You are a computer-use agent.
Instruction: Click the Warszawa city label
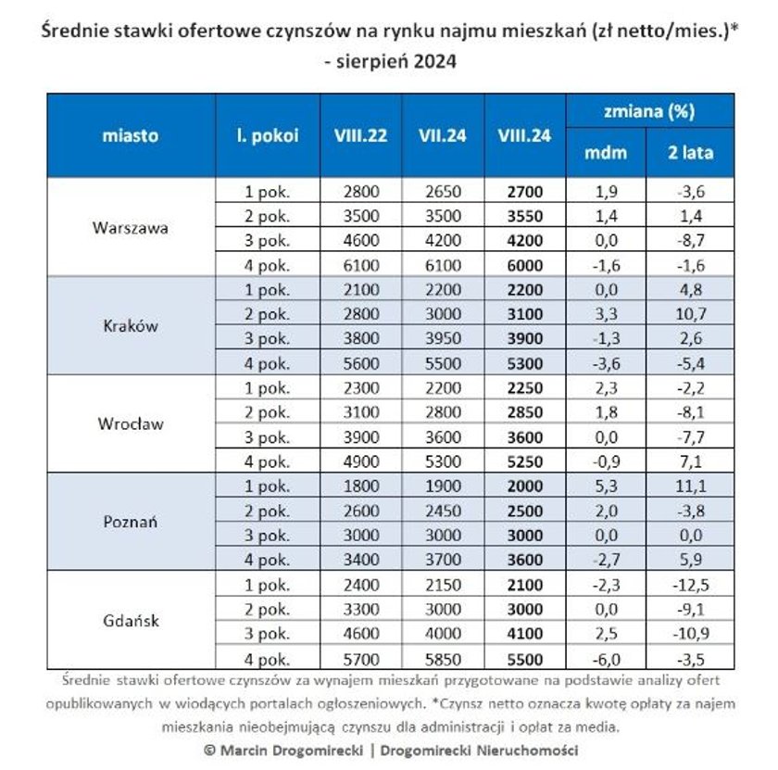tap(131, 228)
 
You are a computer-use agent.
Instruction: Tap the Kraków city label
tap(131, 325)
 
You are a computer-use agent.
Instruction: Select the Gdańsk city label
tap(131, 621)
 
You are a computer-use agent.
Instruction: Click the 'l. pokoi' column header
tap(268, 135)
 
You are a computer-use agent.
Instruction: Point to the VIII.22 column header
tap(360, 135)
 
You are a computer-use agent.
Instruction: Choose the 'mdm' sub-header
tap(606, 152)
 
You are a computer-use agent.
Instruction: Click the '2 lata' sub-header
tap(691, 152)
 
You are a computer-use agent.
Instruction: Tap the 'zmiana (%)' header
tap(649, 111)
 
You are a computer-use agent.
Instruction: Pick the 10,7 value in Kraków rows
tap(691, 314)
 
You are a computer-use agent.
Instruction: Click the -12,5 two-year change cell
tap(691, 585)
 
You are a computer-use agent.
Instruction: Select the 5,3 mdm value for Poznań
tap(606, 486)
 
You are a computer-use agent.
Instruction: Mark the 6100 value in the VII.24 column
tap(443, 265)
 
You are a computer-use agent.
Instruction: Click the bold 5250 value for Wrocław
tap(525, 461)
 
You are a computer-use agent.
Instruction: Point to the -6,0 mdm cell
tap(606, 660)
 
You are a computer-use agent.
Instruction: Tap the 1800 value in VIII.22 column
tap(361, 486)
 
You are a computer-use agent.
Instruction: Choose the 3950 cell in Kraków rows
tap(443, 338)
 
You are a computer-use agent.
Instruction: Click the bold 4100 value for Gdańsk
tap(525, 634)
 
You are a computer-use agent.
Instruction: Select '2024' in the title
tap(434, 61)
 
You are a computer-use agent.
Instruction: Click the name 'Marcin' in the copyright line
tap(245, 751)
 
